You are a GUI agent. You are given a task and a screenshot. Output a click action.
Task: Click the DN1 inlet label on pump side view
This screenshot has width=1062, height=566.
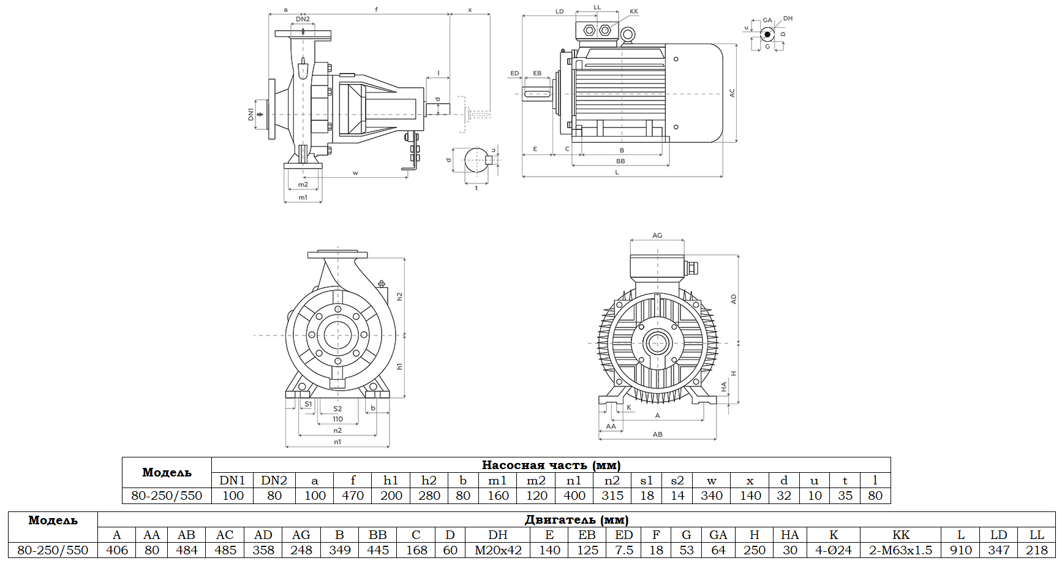tap(250, 114)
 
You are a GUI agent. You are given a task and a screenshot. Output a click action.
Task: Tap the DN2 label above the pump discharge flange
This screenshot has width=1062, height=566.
tap(303, 20)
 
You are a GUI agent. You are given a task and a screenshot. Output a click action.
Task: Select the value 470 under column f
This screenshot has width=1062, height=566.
tap(353, 495)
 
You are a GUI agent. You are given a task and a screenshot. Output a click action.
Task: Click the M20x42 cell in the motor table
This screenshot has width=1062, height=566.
tap(498, 550)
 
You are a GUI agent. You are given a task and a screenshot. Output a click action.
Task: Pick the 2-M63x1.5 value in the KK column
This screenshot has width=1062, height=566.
tap(900, 550)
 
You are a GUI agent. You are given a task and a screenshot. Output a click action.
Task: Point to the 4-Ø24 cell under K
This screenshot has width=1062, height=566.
tap(833, 550)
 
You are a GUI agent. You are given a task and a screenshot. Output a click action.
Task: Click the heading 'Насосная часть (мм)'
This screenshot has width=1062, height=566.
tap(551, 465)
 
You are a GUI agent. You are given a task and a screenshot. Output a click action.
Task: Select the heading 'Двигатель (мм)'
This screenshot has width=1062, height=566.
tap(576, 519)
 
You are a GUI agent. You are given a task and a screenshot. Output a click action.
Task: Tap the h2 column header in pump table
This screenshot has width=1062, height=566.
tap(429, 480)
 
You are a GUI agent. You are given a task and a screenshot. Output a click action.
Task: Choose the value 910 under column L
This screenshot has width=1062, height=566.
tap(960, 550)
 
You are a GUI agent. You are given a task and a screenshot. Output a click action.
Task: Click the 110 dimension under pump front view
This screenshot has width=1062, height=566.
tap(337, 419)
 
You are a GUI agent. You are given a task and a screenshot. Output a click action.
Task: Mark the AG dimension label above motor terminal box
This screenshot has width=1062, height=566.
tap(657, 235)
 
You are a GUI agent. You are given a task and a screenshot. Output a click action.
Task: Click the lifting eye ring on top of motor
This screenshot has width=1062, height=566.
tap(627, 36)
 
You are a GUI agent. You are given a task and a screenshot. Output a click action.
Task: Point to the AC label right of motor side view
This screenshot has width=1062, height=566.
tap(732, 93)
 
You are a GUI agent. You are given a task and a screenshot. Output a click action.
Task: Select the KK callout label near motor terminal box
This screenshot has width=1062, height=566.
tap(634, 12)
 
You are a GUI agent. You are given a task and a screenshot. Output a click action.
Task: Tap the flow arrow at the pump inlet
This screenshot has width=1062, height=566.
tap(260, 114)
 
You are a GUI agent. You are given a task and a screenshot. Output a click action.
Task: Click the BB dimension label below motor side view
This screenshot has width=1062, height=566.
tap(620, 161)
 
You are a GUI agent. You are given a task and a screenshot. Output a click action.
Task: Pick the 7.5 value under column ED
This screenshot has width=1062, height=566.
tap(623, 550)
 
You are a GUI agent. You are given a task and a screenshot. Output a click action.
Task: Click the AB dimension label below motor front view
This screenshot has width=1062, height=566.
tap(657, 435)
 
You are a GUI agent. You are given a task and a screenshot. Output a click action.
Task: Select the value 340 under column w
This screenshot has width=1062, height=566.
tap(711, 495)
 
